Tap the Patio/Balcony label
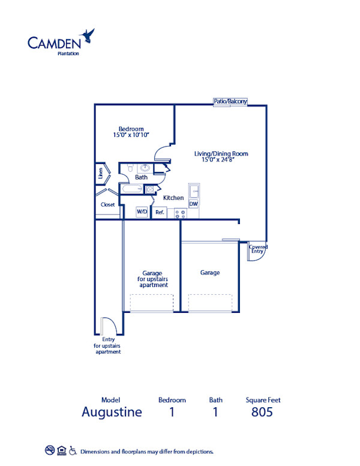tap(230, 101)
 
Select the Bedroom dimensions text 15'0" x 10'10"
tap(131, 136)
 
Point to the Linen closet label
tap(100, 174)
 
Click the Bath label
tap(141, 177)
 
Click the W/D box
tap(142, 211)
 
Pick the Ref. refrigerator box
tap(160, 212)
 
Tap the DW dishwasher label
tap(193, 204)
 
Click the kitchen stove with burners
tap(179, 212)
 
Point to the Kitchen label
tap(173, 198)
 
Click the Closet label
tap(107, 205)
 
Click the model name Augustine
tap(112, 412)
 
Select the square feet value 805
tap(262, 412)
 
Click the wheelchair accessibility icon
tap(73, 450)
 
